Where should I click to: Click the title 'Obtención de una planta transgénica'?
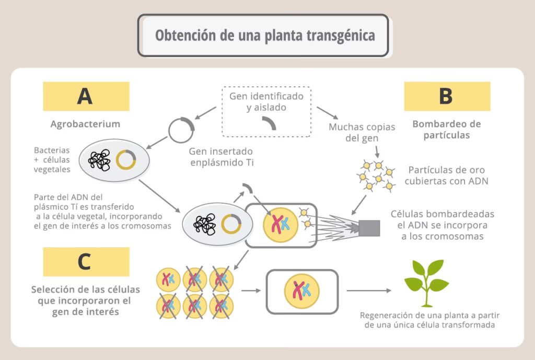point(264,36)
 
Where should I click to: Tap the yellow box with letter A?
point(86,96)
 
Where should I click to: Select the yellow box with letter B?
point(447,96)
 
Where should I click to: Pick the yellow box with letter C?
point(86,261)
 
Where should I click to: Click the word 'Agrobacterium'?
point(85,124)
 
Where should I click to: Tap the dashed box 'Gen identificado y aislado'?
point(266,111)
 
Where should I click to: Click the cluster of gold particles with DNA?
point(376,175)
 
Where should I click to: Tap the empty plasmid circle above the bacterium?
point(181,130)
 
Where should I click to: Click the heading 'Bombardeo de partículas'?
point(446,130)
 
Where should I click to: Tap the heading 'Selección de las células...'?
point(85,300)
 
